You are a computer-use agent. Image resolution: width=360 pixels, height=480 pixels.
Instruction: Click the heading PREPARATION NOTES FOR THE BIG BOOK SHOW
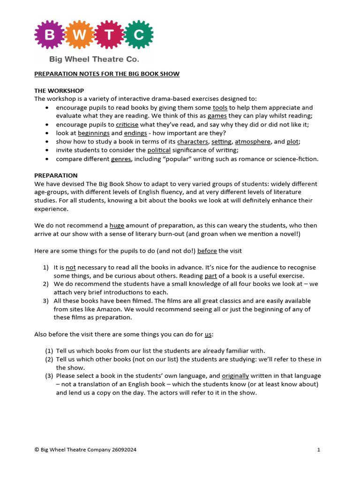107,74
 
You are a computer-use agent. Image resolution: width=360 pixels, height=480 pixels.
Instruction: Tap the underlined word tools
220,108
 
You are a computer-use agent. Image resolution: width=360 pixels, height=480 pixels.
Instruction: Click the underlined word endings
135,133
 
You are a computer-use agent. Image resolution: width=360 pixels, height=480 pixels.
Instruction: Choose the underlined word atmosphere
253,142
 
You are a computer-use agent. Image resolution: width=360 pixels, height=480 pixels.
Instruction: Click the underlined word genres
121,159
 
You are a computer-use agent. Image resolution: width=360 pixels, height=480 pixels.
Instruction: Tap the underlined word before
207,251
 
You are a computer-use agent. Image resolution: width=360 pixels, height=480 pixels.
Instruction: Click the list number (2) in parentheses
49,359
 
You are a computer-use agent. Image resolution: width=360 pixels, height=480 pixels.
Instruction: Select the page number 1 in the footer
318,450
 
